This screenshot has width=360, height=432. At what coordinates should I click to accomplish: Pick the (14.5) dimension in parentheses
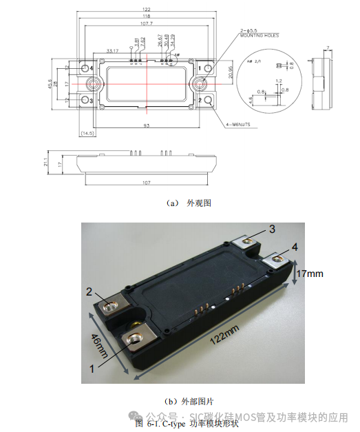tap(88, 132)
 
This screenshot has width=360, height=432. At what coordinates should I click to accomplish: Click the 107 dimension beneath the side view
tap(147, 183)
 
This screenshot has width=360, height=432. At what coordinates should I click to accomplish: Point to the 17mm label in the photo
tap(308, 274)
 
